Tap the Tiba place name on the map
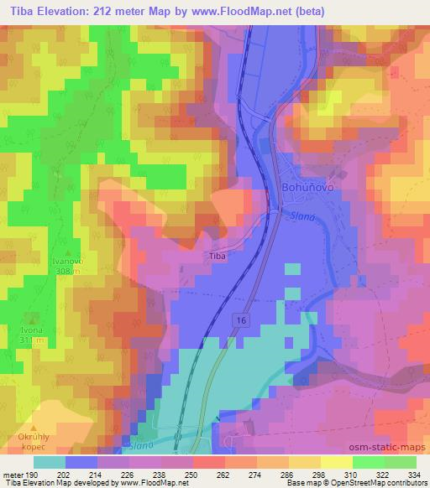pyautogui.click(x=217, y=257)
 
